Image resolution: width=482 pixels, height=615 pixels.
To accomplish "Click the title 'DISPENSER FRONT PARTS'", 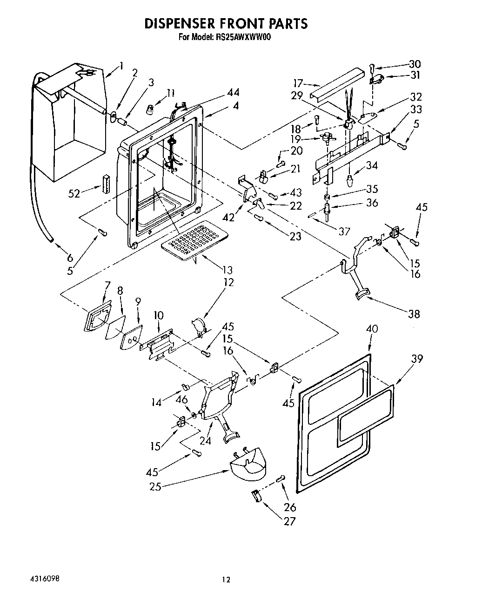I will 226,24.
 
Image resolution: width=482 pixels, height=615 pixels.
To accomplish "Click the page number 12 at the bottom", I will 226,580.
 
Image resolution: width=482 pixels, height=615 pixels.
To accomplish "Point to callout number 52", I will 75,193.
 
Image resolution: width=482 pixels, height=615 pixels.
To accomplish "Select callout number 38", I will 413,314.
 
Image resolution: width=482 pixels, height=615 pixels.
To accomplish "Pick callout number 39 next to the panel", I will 417,359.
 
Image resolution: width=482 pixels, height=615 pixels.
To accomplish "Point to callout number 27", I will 290,521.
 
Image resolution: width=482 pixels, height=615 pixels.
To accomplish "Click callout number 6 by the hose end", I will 70,258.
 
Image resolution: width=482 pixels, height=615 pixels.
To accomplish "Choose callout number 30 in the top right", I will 414,64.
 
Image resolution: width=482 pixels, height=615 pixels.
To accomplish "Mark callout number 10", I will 159,315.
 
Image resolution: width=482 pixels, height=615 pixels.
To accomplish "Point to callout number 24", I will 205,439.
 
